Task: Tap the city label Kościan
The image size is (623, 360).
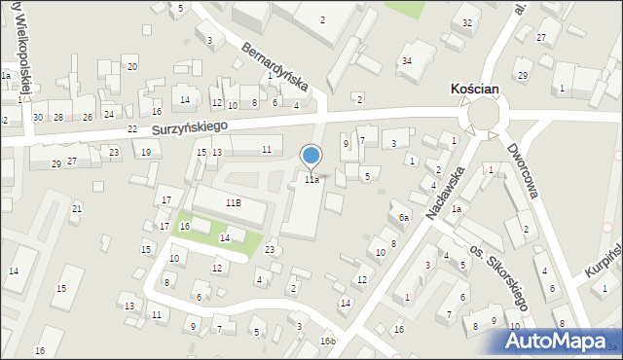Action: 476,89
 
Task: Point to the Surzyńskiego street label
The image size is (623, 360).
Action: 189,127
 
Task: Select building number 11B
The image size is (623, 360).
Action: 233,202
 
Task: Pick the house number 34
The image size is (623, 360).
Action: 407,61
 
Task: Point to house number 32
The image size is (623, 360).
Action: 467,22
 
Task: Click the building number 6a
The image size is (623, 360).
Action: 403,218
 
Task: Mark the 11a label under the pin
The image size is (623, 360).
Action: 311,180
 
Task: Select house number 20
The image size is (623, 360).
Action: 131,66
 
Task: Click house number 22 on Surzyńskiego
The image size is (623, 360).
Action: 132,128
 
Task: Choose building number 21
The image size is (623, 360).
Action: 76,209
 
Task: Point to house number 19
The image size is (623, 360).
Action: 146,152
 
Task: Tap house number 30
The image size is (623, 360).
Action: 37,117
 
